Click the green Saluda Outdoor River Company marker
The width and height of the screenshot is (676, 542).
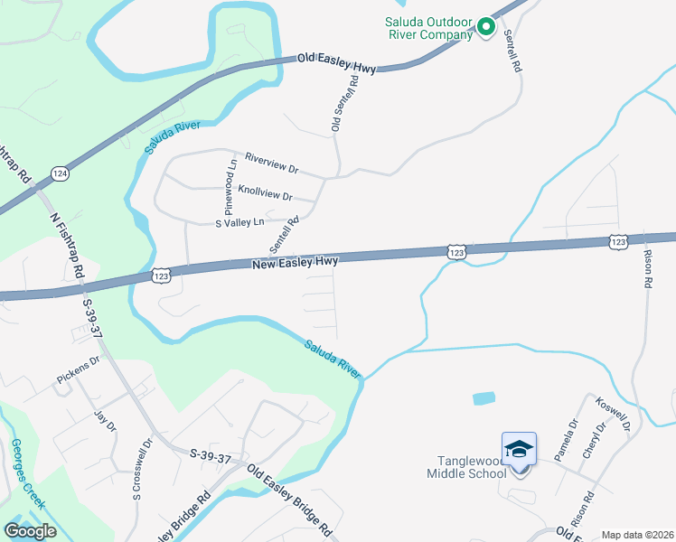pyautogui.click(x=485, y=27)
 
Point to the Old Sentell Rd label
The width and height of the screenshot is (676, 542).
pyautogui.click(x=344, y=105)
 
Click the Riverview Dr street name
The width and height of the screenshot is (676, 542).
pyautogui.click(x=265, y=166)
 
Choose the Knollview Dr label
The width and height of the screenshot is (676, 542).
pyautogui.click(x=265, y=193)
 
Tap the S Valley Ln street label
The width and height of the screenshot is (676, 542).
pyautogui.click(x=239, y=221)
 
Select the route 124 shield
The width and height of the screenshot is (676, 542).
pyautogui.click(x=60, y=173)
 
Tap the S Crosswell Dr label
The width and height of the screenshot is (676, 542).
pyautogui.click(x=137, y=469)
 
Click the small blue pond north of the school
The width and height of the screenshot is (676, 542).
pyautogui.click(x=484, y=397)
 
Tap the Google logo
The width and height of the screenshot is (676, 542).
pyautogui.click(x=31, y=531)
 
